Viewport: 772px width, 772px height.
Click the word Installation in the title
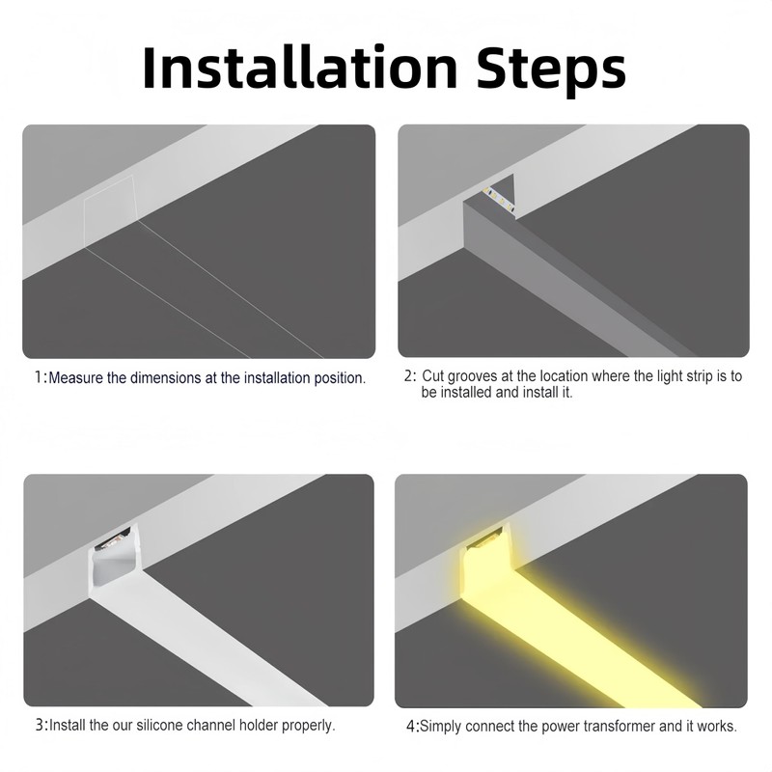[x=300, y=68]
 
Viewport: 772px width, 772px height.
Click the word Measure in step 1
[x=76, y=378]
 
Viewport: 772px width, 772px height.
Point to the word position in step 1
[x=340, y=378]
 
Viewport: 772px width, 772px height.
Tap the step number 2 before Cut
[x=408, y=376]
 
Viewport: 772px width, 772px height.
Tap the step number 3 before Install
[x=40, y=725]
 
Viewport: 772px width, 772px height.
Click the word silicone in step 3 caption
[x=160, y=726]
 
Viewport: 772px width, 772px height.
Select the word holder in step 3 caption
[x=258, y=726]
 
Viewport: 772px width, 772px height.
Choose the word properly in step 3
[x=308, y=727]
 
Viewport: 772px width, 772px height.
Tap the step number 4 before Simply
[x=411, y=727]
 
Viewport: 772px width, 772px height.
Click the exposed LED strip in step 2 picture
[x=498, y=200]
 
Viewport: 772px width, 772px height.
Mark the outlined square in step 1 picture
[x=109, y=211]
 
